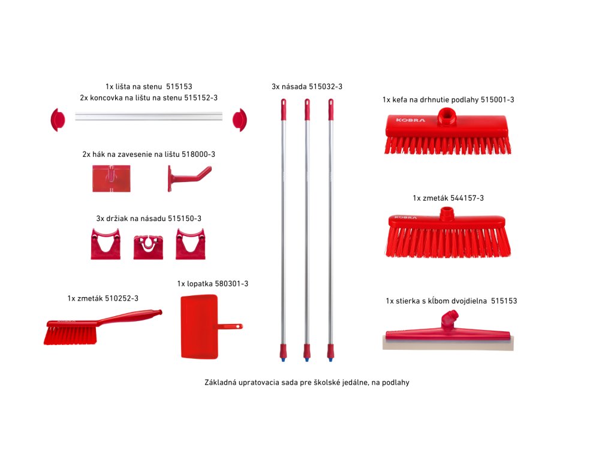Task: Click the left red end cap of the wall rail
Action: click(58, 120)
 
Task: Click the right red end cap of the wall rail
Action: click(240, 120)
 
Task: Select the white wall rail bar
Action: click(149, 116)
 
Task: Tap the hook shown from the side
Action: click(189, 178)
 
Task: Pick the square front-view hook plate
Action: click(111, 178)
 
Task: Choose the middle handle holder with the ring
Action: click(148, 247)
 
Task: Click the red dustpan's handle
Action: click(230, 326)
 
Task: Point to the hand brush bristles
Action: click(71, 335)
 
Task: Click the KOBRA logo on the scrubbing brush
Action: click(410, 120)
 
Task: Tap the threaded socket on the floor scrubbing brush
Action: click(446, 115)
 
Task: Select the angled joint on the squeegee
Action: click(449, 320)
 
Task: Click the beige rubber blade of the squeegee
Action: click(448, 343)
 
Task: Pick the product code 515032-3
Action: click(326, 86)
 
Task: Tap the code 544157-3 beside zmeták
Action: click(466, 198)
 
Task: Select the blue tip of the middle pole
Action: click(307, 358)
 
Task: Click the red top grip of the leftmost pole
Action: click(284, 109)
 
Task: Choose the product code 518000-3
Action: click(198, 154)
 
